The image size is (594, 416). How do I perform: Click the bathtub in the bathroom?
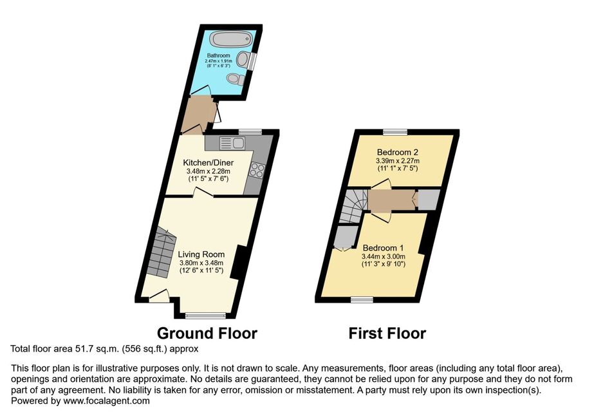pyautogui.click(x=231, y=39)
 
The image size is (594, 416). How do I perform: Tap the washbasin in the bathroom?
pyautogui.click(x=242, y=59)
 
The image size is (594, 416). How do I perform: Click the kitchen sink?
pyautogui.click(x=232, y=144)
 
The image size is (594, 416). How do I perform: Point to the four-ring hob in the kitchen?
pyautogui.click(x=257, y=170)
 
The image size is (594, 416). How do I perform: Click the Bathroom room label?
pyautogui.click(x=218, y=55)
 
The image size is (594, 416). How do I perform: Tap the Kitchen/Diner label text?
pyautogui.click(x=209, y=163)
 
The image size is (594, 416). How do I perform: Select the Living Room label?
pyautogui.click(x=201, y=254)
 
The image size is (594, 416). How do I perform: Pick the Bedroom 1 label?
pyautogui.click(x=383, y=248)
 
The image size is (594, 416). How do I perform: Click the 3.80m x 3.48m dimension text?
pyautogui.click(x=201, y=263)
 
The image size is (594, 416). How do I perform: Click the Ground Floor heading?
pyautogui.click(x=207, y=334)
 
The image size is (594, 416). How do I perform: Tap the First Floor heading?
pyautogui.click(x=387, y=334)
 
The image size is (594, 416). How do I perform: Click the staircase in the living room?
pyautogui.click(x=161, y=252)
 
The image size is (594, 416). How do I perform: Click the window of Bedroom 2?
pyautogui.click(x=394, y=132)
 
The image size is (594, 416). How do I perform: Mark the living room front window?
pyautogui.click(x=205, y=315)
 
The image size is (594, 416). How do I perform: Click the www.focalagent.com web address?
pyautogui.click(x=106, y=401)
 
